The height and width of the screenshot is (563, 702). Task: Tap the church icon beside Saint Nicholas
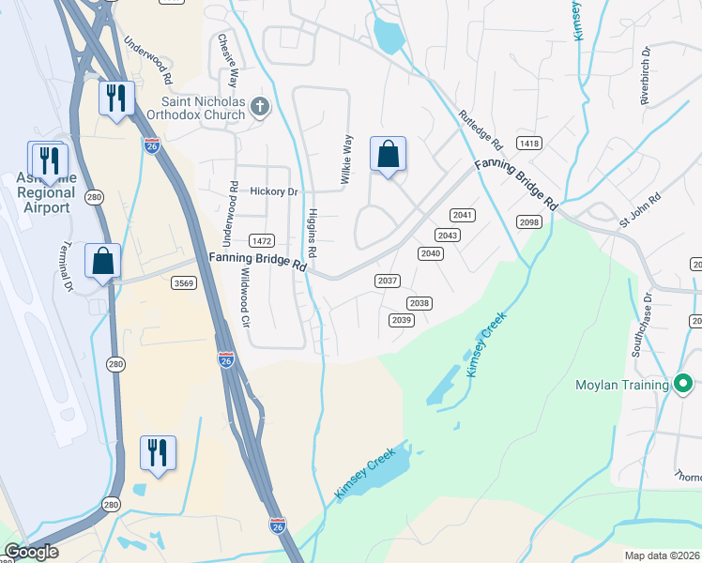(261, 108)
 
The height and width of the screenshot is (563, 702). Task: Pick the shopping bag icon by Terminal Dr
(103, 261)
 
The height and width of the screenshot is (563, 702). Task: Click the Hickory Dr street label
(273, 191)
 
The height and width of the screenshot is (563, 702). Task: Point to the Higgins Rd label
(312, 233)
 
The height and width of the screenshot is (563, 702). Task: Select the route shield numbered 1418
(529, 144)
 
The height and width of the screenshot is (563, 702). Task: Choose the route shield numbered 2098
(529, 221)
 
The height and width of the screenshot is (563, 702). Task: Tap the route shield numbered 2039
(402, 320)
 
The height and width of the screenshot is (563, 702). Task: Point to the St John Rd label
(639, 210)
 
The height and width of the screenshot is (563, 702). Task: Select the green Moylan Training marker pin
(683, 383)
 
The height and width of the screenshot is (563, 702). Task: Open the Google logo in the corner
(32, 552)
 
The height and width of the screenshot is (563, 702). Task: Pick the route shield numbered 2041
(463, 215)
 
